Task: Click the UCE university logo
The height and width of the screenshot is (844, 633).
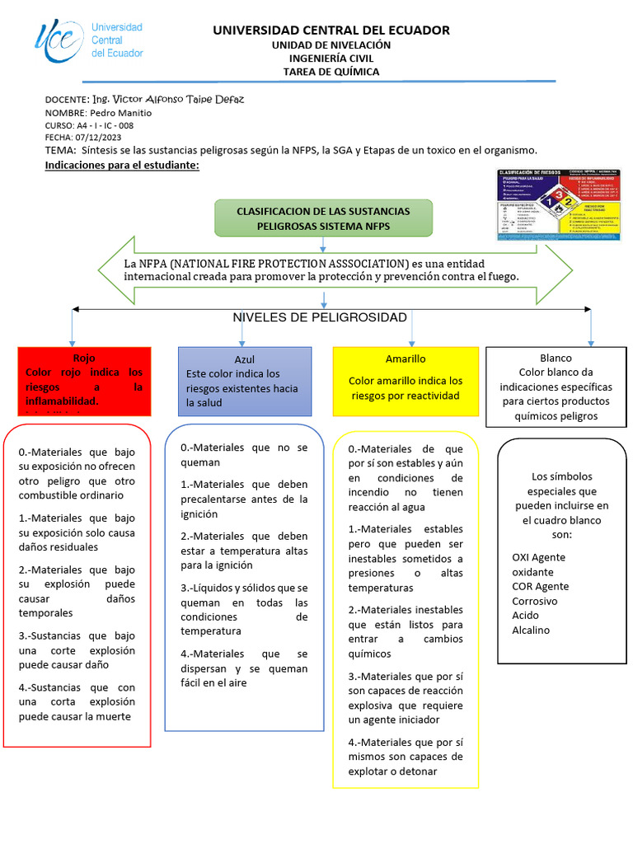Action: coord(88,40)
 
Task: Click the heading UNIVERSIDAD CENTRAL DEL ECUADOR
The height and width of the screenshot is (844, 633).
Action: coord(331,30)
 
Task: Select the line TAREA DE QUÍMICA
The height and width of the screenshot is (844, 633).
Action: coord(331,72)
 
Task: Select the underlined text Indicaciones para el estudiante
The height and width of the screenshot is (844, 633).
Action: coord(122,166)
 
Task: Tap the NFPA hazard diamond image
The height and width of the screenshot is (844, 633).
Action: coord(559,205)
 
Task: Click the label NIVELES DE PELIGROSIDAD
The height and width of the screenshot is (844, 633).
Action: coord(320,317)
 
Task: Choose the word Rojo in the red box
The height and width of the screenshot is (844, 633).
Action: coord(84,359)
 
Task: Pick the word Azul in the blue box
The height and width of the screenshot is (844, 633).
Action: coord(245,360)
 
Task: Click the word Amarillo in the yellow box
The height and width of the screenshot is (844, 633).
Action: coord(406,359)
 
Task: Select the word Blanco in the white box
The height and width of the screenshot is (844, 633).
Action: coord(556,359)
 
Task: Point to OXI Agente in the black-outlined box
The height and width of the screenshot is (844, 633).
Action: coord(539,557)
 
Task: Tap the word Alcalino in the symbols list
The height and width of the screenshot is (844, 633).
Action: coord(531,631)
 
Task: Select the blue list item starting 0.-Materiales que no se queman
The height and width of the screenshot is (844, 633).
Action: coord(244,455)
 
